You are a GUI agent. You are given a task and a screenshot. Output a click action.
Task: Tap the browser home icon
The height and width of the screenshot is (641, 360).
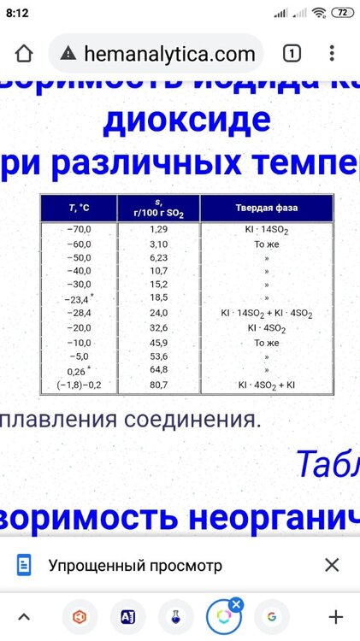[24, 54]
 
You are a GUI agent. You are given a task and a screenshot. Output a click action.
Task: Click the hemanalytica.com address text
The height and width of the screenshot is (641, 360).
[169, 55]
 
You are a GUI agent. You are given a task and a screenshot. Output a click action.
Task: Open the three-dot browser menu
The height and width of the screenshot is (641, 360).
[332, 54]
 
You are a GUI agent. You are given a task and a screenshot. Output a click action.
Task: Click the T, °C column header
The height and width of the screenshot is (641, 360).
[79, 208]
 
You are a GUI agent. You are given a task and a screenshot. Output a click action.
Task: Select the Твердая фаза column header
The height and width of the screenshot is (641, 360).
[266, 208]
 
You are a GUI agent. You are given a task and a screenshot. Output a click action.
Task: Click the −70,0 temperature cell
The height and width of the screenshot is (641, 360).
[79, 230]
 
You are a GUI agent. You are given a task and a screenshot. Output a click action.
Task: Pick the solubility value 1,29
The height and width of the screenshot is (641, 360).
[159, 230]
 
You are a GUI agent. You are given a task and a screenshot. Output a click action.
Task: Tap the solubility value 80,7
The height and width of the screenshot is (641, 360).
[159, 385]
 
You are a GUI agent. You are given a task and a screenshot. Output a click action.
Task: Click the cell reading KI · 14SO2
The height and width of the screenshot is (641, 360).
[266, 230]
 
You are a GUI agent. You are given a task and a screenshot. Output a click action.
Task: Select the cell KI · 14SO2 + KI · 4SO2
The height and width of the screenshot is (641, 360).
[266, 314]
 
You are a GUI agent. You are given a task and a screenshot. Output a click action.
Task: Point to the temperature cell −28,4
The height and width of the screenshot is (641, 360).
[79, 314]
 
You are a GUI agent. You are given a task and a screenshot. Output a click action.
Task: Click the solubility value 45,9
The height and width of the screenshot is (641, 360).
[159, 342]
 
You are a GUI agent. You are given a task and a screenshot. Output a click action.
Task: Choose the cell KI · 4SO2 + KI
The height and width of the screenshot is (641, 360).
[266, 385]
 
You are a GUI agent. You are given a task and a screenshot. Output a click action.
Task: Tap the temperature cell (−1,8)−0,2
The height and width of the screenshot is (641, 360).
[79, 385]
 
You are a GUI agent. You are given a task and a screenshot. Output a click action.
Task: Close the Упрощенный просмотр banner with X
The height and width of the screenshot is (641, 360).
[332, 565]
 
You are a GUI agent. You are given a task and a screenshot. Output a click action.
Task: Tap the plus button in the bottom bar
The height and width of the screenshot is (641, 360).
[336, 616]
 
